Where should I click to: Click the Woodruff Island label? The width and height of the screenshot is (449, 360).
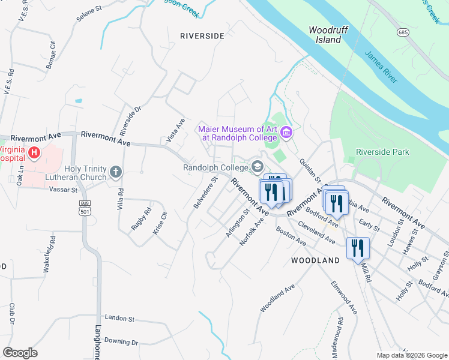(x=325, y=35)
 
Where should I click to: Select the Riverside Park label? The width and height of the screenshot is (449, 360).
(x=382, y=152)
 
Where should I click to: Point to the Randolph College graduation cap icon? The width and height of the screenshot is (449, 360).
(x=258, y=167)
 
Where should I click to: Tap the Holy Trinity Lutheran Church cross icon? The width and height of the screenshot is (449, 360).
(x=115, y=173)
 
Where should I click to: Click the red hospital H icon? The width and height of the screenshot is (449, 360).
(x=34, y=153)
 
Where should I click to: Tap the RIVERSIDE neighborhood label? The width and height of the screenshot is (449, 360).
(x=202, y=36)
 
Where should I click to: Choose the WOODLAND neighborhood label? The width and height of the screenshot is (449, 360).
(x=315, y=260)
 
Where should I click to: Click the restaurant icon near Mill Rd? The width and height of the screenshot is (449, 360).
(x=358, y=248)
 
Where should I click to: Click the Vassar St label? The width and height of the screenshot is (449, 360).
(x=67, y=190)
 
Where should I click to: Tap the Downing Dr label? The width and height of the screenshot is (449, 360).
(x=121, y=341)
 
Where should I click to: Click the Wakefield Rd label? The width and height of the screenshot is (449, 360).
(x=49, y=254)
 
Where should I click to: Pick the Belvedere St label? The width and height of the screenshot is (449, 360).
(x=205, y=192)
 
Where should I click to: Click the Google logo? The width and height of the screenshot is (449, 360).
(x=20, y=353)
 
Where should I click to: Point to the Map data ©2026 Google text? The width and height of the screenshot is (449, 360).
(x=411, y=355)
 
